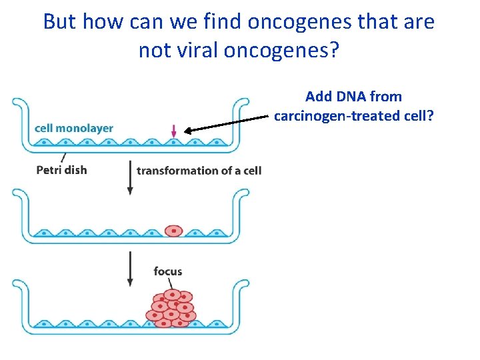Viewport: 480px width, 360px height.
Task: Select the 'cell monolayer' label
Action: coord(74,128)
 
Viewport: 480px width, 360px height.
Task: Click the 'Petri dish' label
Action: coord(61,169)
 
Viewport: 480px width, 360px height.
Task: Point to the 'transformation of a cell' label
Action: coord(199,170)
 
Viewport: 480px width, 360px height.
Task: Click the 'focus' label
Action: coord(167,271)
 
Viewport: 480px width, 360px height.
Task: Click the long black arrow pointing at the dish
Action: coord(227,124)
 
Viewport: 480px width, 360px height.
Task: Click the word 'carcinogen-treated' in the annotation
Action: coord(336,116)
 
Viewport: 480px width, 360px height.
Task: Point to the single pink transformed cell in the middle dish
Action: coord(173,231)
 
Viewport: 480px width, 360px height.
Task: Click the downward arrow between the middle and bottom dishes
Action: coord(130,269)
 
